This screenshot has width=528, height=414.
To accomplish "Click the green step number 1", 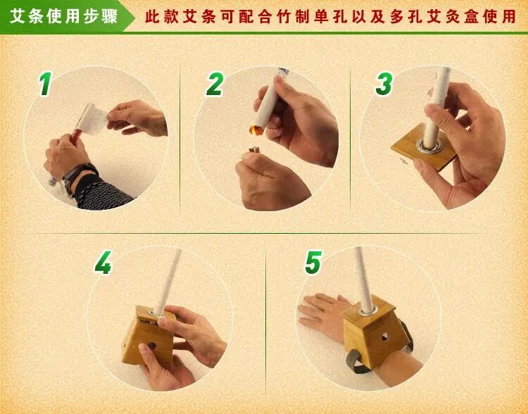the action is point(46,84).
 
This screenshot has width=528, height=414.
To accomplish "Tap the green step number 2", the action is point(215,84).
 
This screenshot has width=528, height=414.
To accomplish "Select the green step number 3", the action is point(384,84).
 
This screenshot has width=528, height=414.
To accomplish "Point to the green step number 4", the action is point(103,263).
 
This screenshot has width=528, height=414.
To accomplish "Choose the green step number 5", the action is point(313,263).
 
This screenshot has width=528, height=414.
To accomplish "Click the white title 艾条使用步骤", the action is point(63,16).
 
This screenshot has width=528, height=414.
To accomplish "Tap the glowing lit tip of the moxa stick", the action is point(256,130).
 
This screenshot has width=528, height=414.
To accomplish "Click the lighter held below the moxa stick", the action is point(253,150).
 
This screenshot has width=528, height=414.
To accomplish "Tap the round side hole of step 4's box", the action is point(151,346).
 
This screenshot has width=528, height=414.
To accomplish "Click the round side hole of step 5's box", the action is point(384,336).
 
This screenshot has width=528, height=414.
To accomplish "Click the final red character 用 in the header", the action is point(508,16).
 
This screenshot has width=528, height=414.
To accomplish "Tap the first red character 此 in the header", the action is point(152,16).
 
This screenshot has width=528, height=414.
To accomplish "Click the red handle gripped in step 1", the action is point(75,135).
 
